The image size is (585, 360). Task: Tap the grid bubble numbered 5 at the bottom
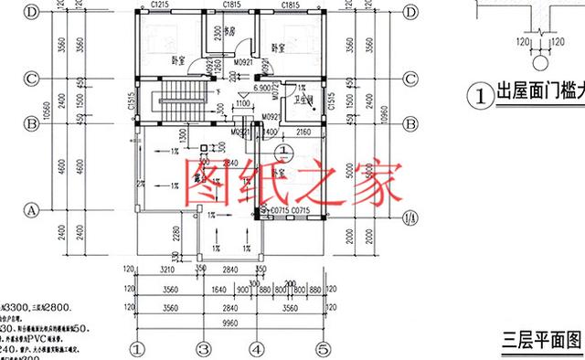[323, 348]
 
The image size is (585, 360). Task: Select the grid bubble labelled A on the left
[30, 209]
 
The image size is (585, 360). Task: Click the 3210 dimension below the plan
[167, 271]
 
